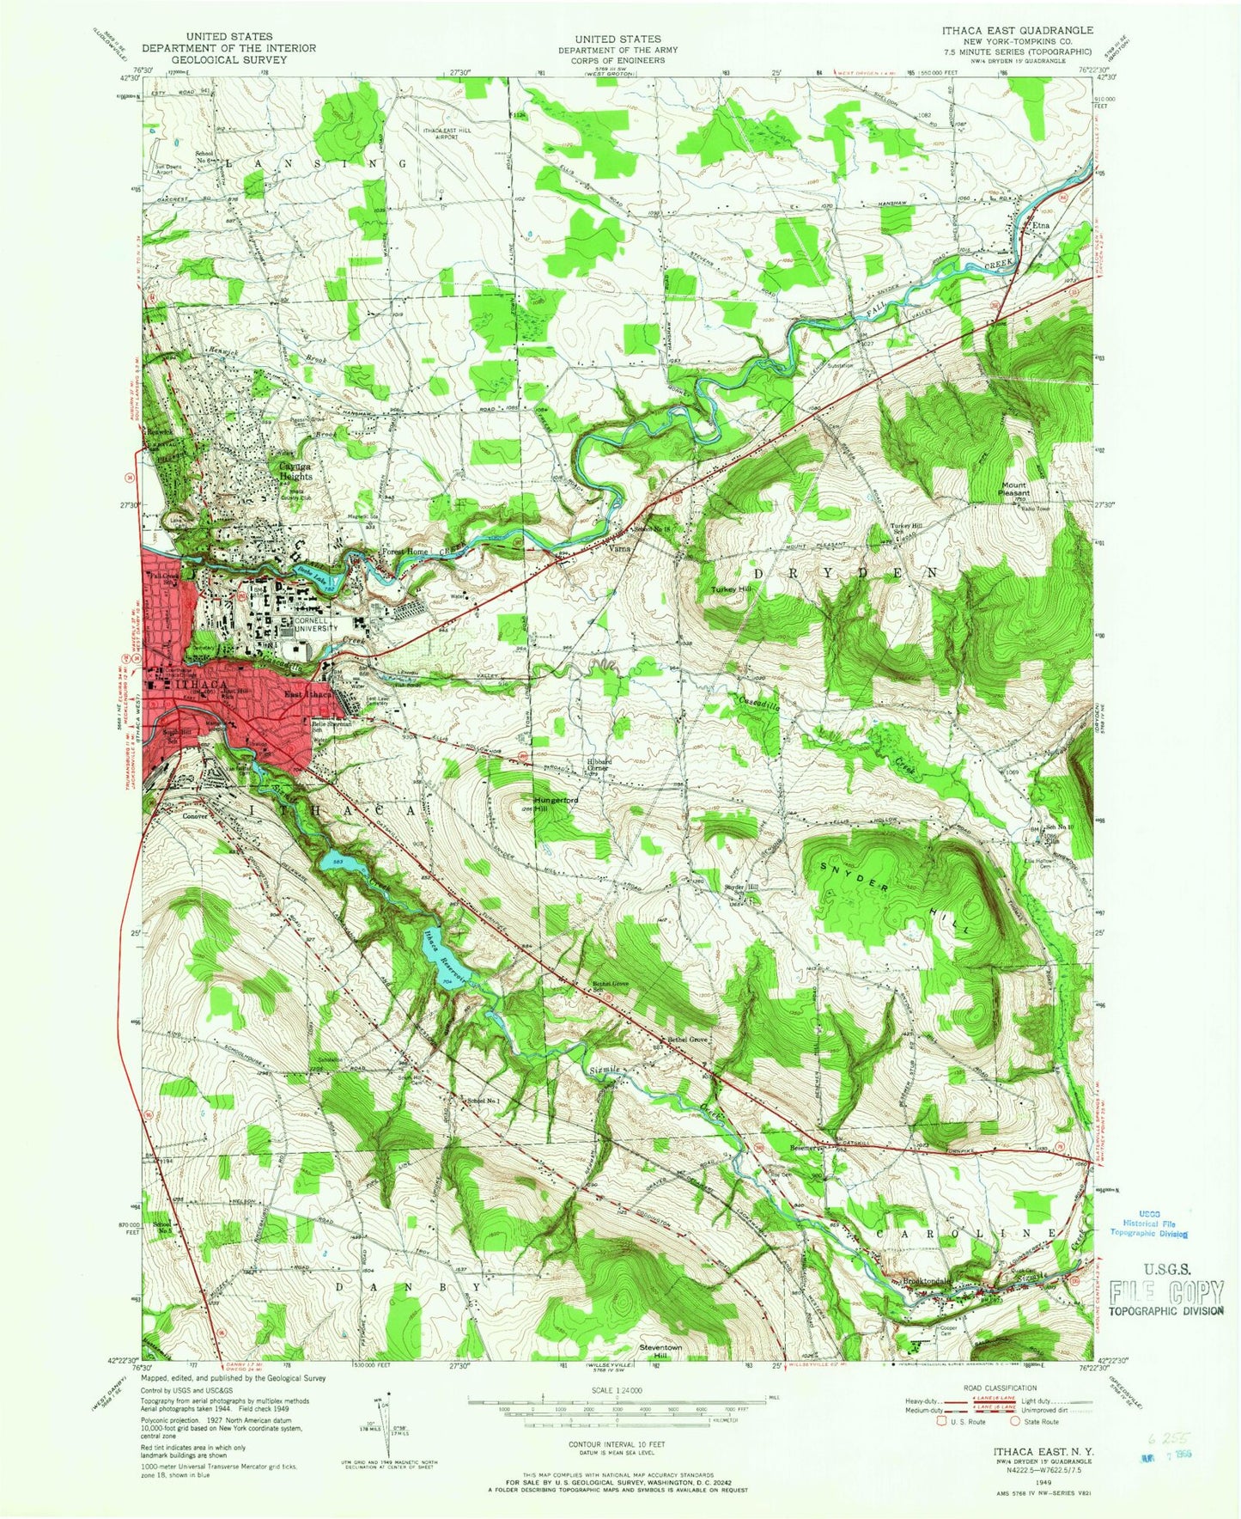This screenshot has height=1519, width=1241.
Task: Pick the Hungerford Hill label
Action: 555,804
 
